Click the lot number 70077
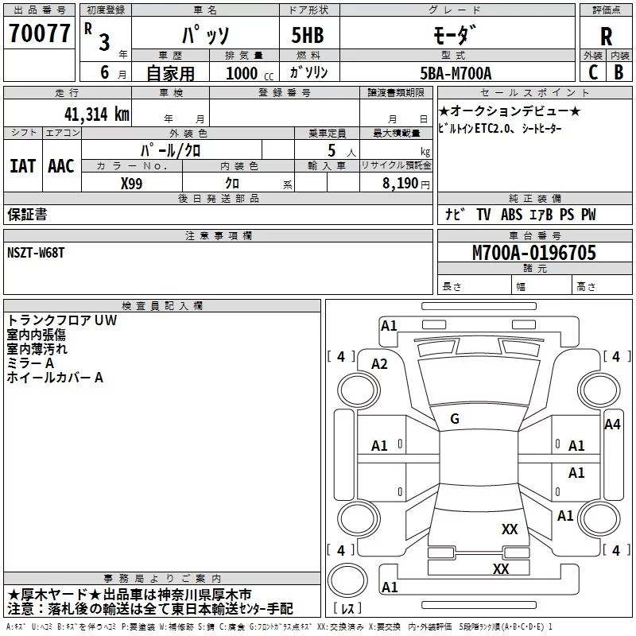coord(38,33)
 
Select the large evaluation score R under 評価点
coord(606,37)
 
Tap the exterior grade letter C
coord(592,72)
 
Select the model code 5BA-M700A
coord(456,73)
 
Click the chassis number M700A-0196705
coord(533,253)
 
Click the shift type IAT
coord(22,166)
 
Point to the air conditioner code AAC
coord(61,166)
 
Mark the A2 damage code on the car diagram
coord(379,364)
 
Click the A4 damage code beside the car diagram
coord(611,424)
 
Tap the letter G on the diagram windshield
coord(455,418)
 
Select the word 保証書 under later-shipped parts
coord(27,215)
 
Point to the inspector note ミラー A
coord(30,363)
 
